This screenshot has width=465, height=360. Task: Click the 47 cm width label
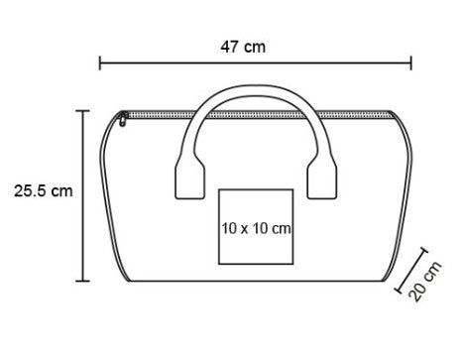click(243, 47)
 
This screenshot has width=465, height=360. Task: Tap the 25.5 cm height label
click(43, 191)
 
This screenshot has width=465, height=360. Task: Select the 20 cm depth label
click(425, 281)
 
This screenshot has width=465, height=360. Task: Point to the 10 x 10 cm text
click(256, 228)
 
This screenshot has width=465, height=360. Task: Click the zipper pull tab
click(123, 119)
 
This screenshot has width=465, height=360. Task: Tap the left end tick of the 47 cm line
click(100, 62)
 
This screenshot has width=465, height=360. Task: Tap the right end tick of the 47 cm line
click(411, 62)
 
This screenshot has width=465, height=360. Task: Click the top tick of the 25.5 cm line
click(82, 111)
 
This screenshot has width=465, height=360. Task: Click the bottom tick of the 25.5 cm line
click(82, 281)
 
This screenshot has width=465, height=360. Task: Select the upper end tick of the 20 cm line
click(423, 250)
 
